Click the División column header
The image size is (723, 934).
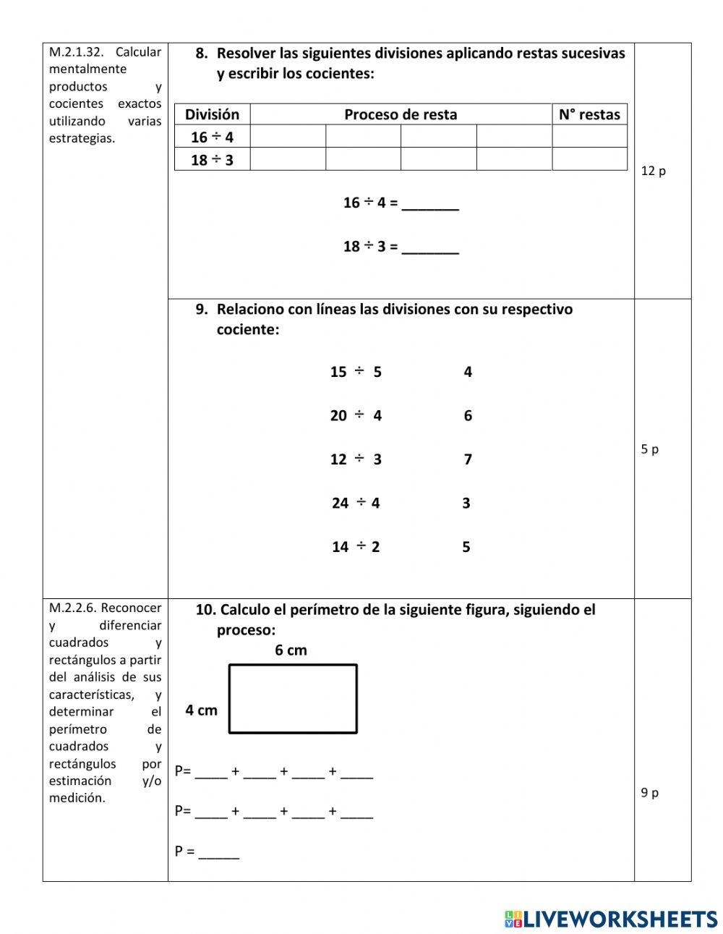point(212,114)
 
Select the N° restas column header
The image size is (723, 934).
point(589,114)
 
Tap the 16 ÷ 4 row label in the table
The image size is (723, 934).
point(212,137)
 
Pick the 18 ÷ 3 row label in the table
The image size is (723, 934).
point(212,160)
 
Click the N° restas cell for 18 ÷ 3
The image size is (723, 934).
point(589,159)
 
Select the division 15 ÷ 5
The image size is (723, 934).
point(356,372)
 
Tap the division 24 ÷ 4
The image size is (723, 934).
point(356,503)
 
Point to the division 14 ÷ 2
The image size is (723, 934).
point(356,547)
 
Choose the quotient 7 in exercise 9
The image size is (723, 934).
point(468,459)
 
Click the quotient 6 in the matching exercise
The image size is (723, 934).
point(468,416)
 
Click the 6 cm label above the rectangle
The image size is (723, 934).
point(291,650)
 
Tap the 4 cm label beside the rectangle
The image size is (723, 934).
point(201,710)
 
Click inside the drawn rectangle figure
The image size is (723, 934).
point(293,699)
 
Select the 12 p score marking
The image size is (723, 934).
point(653,171)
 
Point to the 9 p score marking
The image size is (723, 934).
point(649,793)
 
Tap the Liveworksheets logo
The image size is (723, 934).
point(610,919)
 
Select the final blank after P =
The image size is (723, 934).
point(219,853)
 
